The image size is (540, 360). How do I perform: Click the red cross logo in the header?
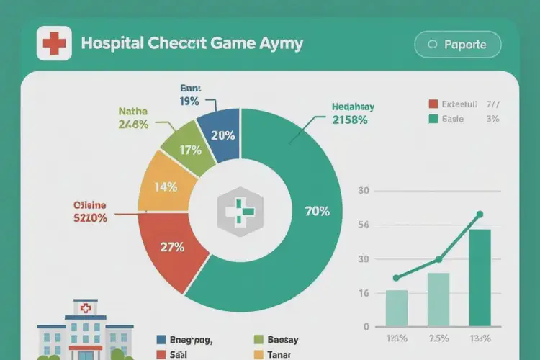click(x=53, y=43)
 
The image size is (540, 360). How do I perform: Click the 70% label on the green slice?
click(x=317, y=211)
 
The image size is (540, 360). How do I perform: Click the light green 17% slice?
click(x=189, y=150)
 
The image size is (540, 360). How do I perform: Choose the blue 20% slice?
click(x=223, y=135)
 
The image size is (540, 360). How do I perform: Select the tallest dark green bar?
click(x=480, y=277)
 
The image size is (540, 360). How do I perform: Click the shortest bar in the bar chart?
click(x=397, y=307)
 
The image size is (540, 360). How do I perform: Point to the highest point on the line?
click(x=480, y=214)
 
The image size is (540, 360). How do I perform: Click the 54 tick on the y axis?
click(x=363, y=225)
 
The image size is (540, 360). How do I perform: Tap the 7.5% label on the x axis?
click(x=438, y=338)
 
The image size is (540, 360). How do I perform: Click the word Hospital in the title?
click(x=112, y=43)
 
